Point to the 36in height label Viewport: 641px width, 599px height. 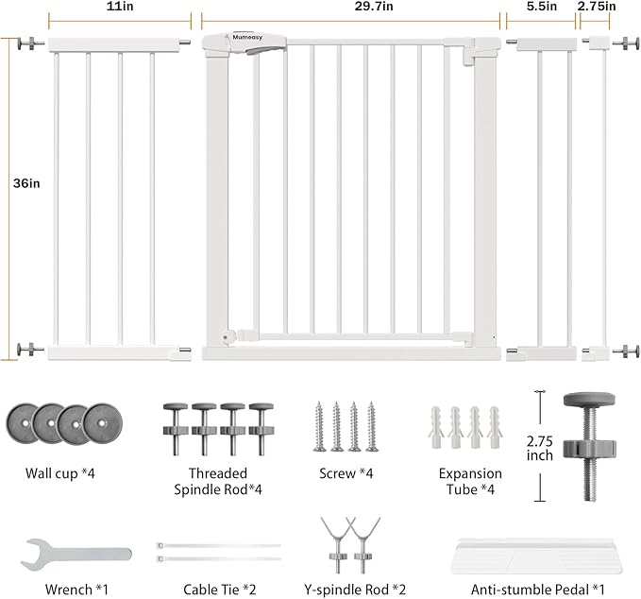[x=27, y=183]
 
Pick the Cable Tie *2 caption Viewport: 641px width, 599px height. [x=216, y=590]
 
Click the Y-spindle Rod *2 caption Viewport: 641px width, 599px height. [x=346, y=590]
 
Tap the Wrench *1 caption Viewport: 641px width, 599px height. [x=76, y=590]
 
